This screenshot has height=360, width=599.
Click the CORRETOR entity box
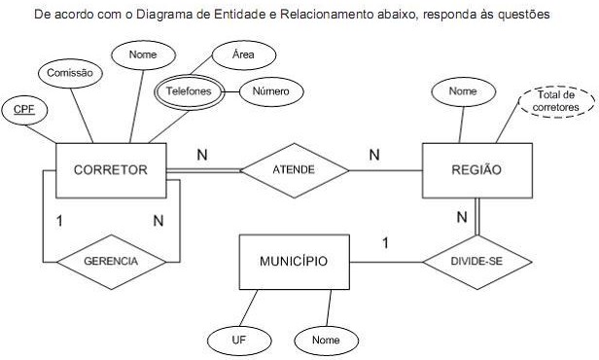click(109, 169)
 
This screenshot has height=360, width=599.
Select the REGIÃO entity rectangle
click(476, 170)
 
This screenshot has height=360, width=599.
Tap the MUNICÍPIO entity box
click(293, 262)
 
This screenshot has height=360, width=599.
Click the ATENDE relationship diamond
click(294, 169)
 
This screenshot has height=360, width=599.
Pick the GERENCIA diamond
click(110, 262)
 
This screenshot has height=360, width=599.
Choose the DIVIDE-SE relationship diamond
click(476, 262)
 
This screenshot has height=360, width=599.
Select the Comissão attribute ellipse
click(72, 71)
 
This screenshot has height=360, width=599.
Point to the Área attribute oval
click(243, 54)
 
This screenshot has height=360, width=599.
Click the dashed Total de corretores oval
click(554, 100)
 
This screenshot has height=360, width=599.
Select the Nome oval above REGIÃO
click(461, 90)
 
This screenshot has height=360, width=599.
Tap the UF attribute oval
click(237, 340)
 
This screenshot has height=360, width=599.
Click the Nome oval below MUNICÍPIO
click(327, 340)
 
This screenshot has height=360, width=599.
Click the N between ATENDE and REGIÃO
click(373, 154)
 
